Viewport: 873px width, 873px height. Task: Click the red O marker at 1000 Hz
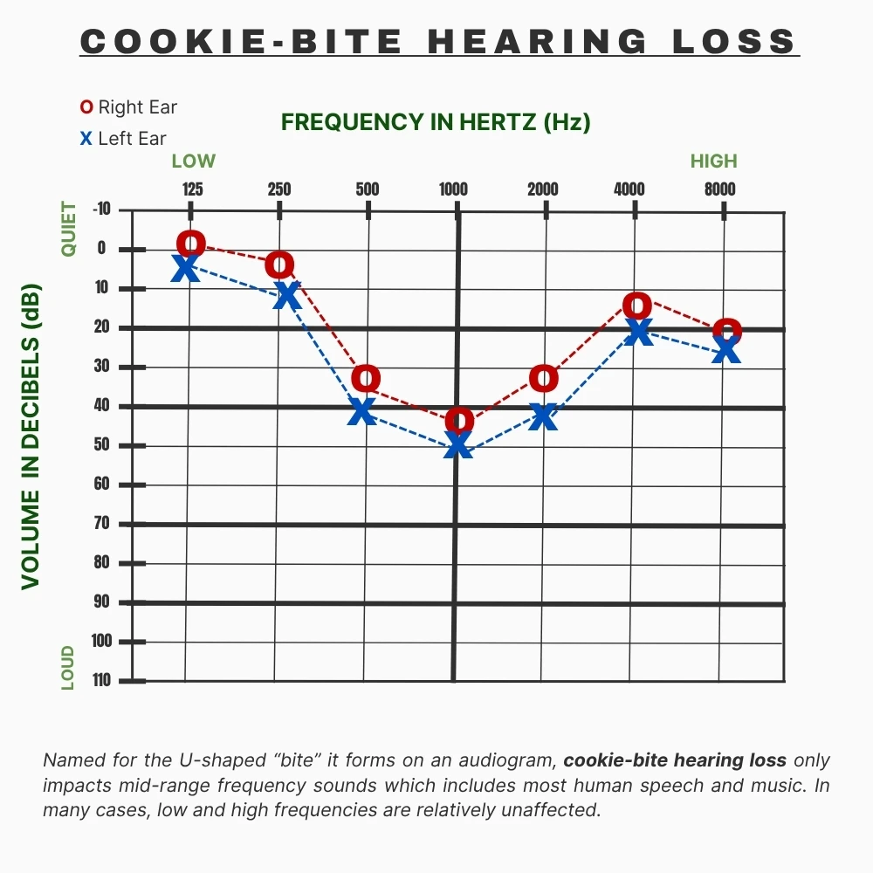click(x=459, y=421)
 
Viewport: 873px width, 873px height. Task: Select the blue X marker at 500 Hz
click(x=362, y=411)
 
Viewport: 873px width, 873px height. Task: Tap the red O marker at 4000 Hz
click(x=637, y=306)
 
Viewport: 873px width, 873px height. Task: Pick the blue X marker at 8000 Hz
click(x=726, y=351)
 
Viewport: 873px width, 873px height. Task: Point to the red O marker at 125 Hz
click(x=191, y=244)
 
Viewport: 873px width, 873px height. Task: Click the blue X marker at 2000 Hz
click(x=543, y=416)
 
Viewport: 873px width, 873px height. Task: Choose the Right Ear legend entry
click(x=128, y=107)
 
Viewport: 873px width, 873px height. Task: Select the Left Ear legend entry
click(x=123, y=138)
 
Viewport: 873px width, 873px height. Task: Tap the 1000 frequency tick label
click(x=453, y=189)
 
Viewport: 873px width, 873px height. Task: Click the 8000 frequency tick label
click(x=720, y=189)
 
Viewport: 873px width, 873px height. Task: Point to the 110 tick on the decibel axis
click(x=103, y=680)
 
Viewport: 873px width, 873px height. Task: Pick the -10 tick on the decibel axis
click(x=102, y=210)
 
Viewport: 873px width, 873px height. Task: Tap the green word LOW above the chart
click(x=193, y=161)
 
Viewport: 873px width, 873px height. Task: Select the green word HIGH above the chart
click(x=713, y=161)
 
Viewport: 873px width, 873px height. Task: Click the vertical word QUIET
click(x=69, y=229)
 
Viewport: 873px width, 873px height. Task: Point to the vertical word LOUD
click(x=68, y=668)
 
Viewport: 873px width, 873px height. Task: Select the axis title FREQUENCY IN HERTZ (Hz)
click(x=436, y=122)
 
